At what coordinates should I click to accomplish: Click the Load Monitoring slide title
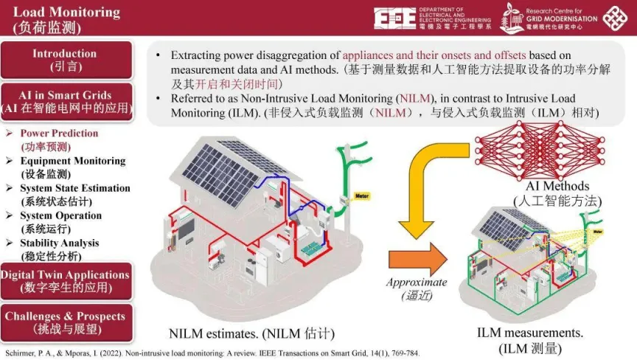(x=66, y=11)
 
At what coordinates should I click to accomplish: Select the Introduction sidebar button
(x=65, y=60)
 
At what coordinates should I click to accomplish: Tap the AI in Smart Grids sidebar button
(x=66, y=101)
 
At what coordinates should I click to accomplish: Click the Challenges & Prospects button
(x=65, y=322)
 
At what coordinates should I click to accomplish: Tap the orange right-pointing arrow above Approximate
(x=417, y=260)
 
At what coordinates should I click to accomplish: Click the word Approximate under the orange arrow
(x=417, y=283)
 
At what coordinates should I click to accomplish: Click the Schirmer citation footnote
(x=214, y=353)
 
